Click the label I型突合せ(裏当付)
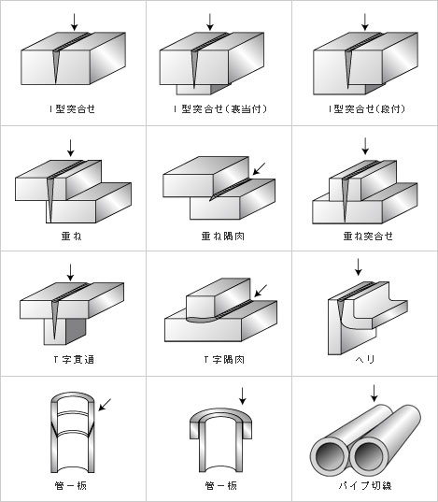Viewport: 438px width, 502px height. click(220, 109)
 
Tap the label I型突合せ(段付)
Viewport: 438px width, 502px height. click(367, 109)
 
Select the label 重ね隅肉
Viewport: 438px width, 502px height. click(223, 237)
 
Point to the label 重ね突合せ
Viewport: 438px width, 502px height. click(368, 237)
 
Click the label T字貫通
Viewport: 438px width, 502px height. click(74, 360)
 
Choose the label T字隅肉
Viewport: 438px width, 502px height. click(224, 360)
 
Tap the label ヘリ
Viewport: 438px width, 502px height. click(365, 360)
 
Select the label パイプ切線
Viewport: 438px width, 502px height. click(365, 486)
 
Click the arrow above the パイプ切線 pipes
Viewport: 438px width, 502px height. click(374, 394)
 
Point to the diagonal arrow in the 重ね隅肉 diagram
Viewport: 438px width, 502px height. click(259, 168)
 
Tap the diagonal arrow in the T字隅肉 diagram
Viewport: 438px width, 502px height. click(261, 291)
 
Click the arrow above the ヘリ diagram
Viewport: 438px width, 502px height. click(359, 267)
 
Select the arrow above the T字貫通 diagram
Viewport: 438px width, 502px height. click(70, 273)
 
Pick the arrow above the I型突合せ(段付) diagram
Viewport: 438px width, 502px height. click(365, 22)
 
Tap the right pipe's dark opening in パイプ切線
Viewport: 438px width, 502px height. click(368, 456)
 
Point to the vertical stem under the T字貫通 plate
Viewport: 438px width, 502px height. click(64, 331)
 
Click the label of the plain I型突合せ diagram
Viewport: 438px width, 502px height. click(72, 109)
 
